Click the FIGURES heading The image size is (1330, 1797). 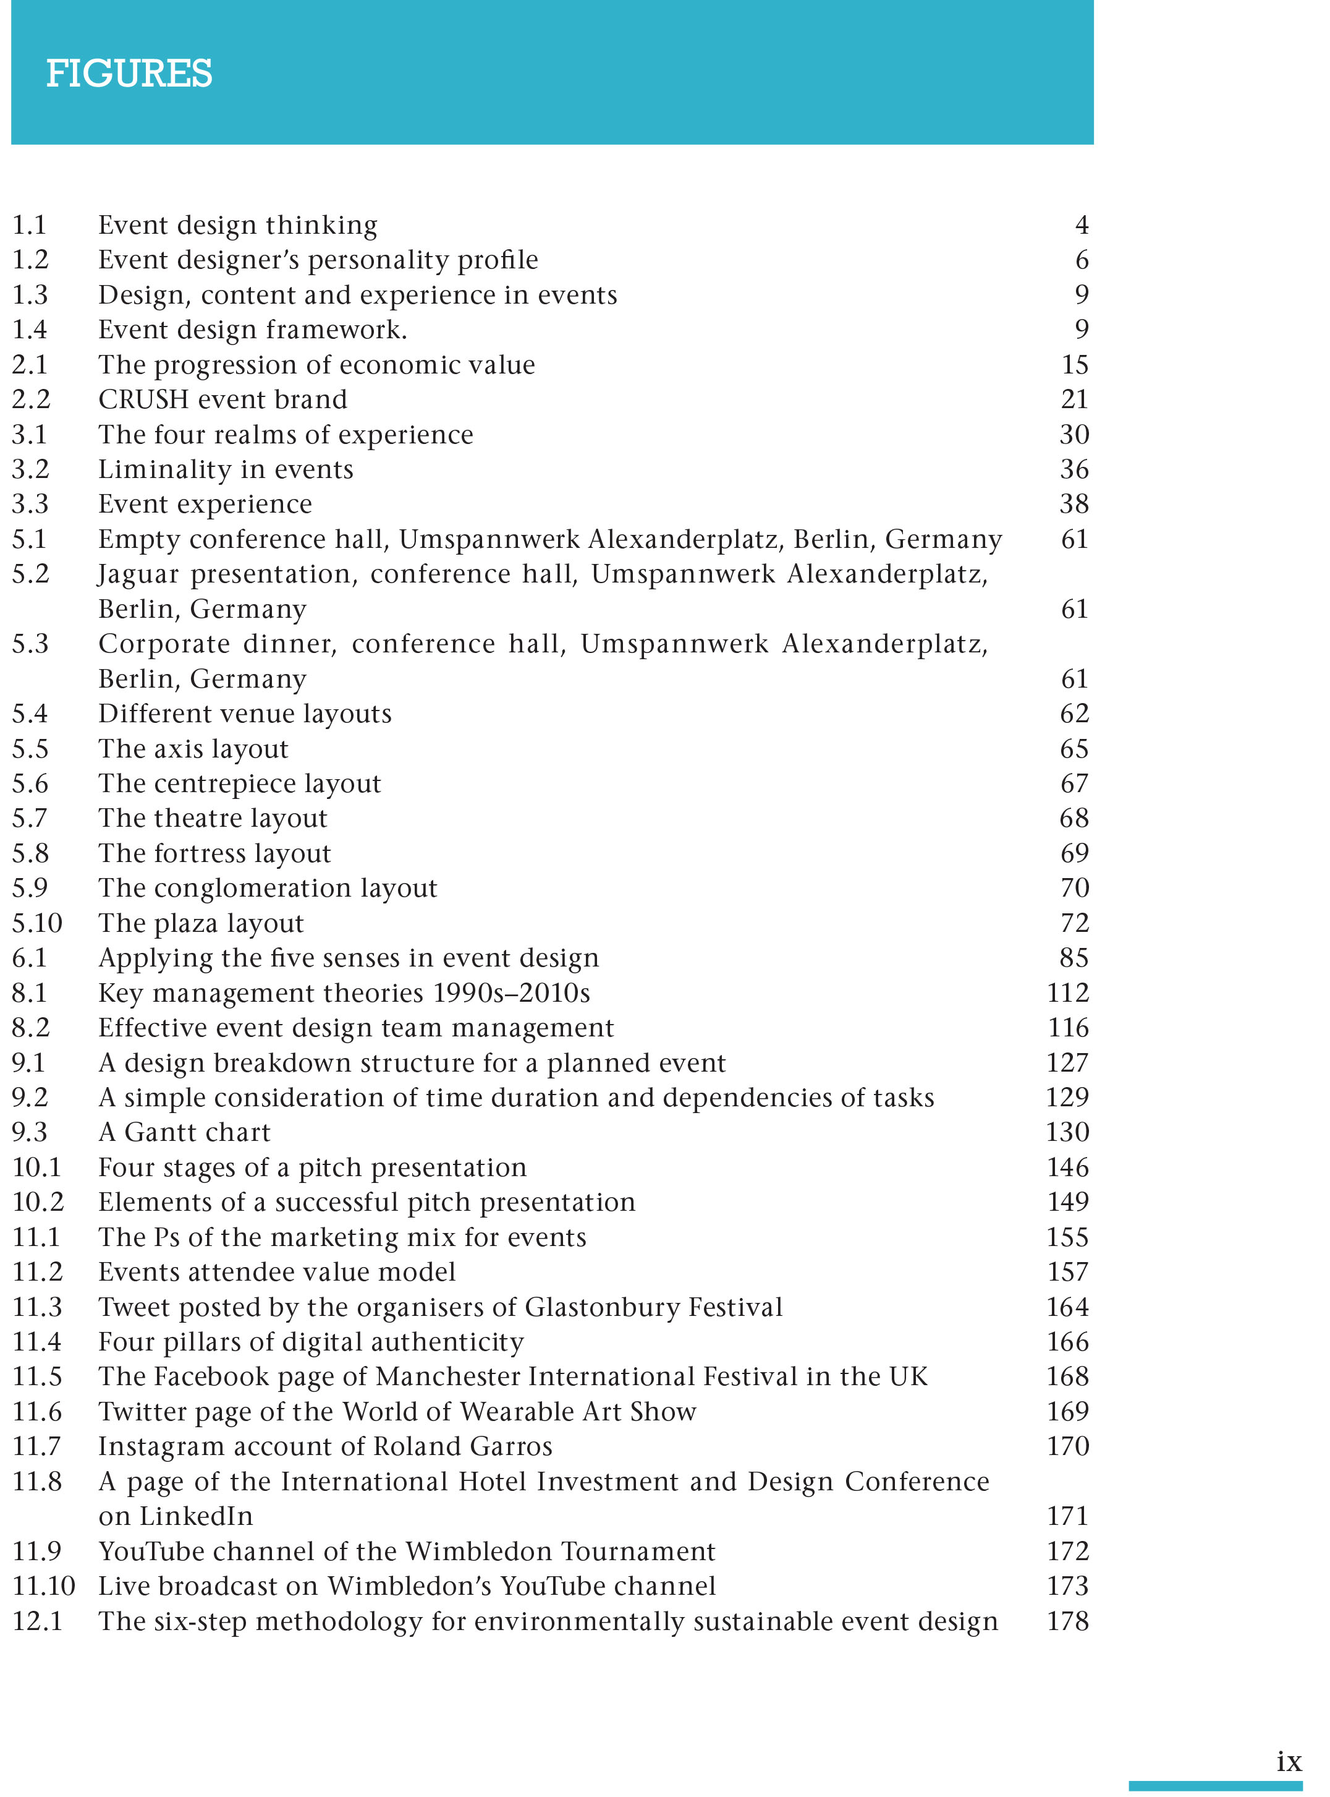point(129,74)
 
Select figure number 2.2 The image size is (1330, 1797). point(31,399)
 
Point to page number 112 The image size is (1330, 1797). point(1067,992)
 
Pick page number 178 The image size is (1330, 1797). point(1067,1621)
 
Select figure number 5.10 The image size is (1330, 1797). point(37,923)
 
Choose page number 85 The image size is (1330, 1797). point(1074,958)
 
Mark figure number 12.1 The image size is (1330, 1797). point(37,1621)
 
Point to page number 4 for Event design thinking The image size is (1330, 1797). point(1081,224)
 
